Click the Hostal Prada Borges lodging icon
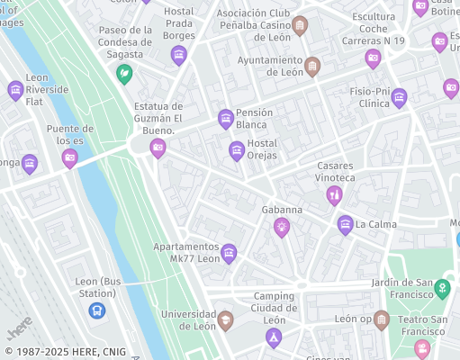(x=178, y=56)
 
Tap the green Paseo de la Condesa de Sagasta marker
(x=125, y=73)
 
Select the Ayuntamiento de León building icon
(x=312, y=66)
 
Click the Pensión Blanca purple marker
(x=226, y=119)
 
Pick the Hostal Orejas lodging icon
(x=237, y=150)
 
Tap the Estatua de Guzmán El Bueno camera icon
(x=158, y=148)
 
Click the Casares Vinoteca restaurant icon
(x=334, y=194)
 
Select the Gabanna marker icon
(x=282, y=227)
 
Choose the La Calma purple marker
(x=344, y=225)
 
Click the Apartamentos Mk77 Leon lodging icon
(x=229, y=253)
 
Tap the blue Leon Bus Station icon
(x=95, y=310)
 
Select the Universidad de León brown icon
(x=225, y=319)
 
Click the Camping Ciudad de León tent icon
(x=274, y=337)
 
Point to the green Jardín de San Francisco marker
(x=441, y=288)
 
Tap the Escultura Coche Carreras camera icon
(x=373, y=58)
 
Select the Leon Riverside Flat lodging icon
(x=15, y=90)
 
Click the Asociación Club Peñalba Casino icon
(x=300, y=25)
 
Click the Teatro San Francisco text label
(x=422, y=325)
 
